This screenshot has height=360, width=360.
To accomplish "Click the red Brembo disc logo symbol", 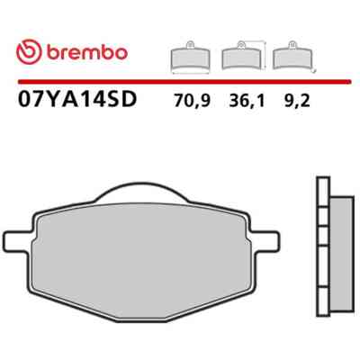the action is tap(29, 53).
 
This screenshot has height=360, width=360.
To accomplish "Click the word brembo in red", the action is tap(87, 53).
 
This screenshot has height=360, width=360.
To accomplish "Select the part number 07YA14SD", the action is tap(77, 99).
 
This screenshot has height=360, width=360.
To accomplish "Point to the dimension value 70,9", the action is tap(193, 102).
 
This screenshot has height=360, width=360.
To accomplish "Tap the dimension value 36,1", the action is tap(247, 102).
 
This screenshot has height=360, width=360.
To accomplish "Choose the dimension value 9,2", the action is tap(296, 102).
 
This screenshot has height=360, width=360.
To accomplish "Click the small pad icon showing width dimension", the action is tap(191, 58).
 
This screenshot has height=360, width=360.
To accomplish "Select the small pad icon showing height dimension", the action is tap(244, 56).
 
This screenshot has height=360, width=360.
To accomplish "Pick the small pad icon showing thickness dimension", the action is tap(294, 57).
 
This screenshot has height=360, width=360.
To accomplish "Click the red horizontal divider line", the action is tap(184, 81).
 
